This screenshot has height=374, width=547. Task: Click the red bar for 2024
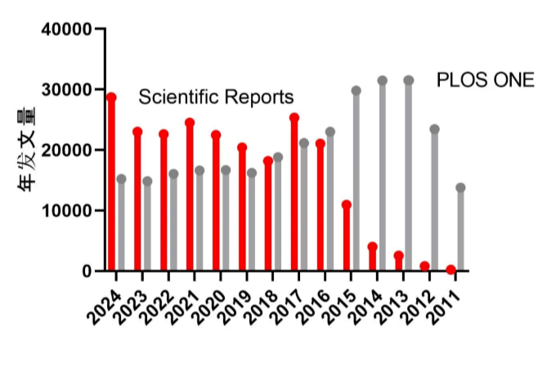coord(111,184)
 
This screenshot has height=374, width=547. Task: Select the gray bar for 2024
coord(121,225)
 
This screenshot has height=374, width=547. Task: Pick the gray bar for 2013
coord(408,176)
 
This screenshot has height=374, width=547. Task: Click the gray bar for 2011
coord(460,229)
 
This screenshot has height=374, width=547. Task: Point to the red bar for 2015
coord(347,237)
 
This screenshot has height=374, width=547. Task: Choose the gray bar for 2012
coord(434,200)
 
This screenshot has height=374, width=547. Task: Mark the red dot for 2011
coord(451,269)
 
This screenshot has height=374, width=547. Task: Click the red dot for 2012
coord(424,266)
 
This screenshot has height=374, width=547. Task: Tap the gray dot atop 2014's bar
coord(382,80)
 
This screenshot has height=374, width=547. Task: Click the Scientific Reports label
coord(216,97)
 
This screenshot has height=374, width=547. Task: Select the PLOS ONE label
coord(486,79)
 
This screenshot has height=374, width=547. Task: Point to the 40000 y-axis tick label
coord(68,29)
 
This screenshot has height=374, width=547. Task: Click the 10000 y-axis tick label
coord(68,210)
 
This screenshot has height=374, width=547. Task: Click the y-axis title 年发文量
coord(28,150)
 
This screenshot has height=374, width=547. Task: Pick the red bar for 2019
coord(242,210)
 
